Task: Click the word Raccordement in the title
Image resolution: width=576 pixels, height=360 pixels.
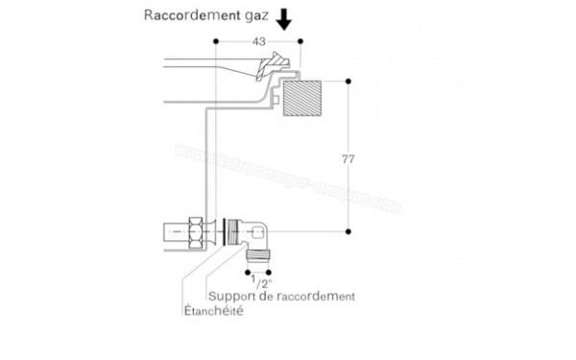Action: (191, 15)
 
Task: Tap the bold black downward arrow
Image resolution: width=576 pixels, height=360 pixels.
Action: (284, 18)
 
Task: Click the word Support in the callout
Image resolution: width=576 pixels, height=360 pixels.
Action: (230, 298)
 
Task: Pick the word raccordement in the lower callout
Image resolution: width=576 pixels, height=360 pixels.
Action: (315, 298)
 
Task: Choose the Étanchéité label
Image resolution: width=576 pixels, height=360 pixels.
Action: (213, 312)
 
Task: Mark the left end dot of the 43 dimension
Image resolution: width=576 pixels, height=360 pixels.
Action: (218, 40)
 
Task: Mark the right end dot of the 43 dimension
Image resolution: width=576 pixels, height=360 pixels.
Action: (300, 40)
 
